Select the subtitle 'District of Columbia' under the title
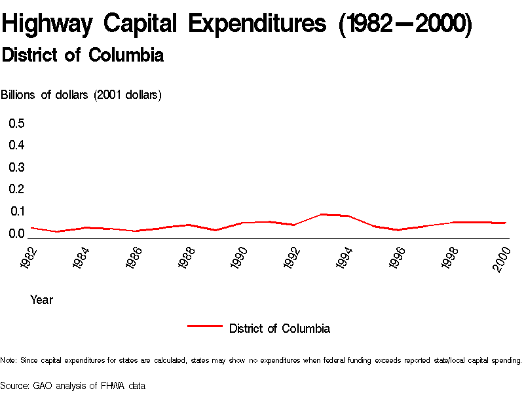point(83,56)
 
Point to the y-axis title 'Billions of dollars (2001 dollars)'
point(81,95)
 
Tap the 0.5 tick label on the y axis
point(16,123)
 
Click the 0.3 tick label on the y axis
point(16,167)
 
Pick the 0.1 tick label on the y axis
point(16,211)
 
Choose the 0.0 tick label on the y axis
point(16,233)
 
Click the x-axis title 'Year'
point(41,300)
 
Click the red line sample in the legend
point(205,326)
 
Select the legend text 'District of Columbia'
point(280,328)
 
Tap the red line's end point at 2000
point(506,223)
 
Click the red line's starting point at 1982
point(31,227)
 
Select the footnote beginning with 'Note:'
point(261,360)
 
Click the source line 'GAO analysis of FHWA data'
point(73,386)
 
